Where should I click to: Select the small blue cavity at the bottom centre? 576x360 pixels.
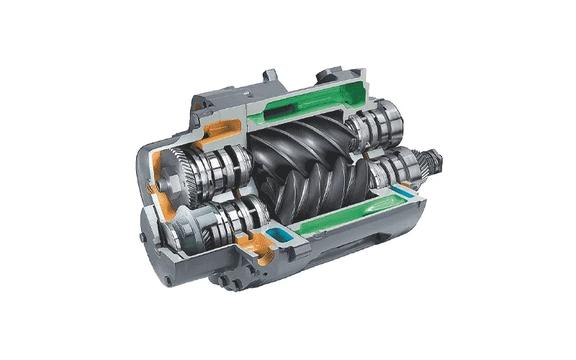[275, 235]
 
